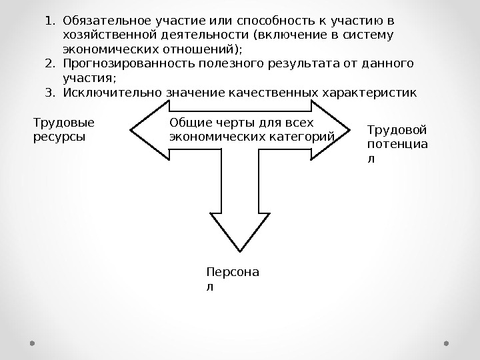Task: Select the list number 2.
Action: click(49, 64)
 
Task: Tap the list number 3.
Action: click(49, 92)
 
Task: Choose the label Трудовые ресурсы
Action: click(63, 129)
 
